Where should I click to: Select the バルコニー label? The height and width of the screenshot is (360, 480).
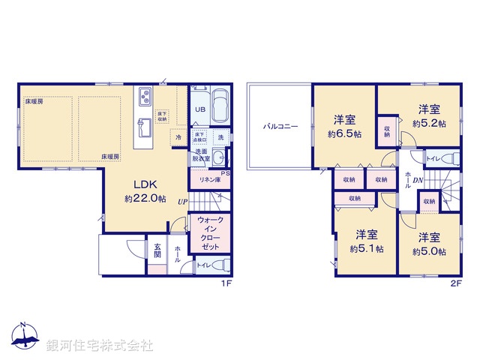280,127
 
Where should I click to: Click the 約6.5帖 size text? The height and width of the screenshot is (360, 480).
344,134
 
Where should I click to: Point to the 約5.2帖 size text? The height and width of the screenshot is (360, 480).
429,124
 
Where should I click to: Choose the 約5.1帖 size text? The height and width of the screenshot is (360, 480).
366,248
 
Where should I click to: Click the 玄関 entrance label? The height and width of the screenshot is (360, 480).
158,251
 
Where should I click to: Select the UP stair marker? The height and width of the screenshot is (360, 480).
182,201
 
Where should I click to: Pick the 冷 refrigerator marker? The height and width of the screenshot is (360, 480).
178,138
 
